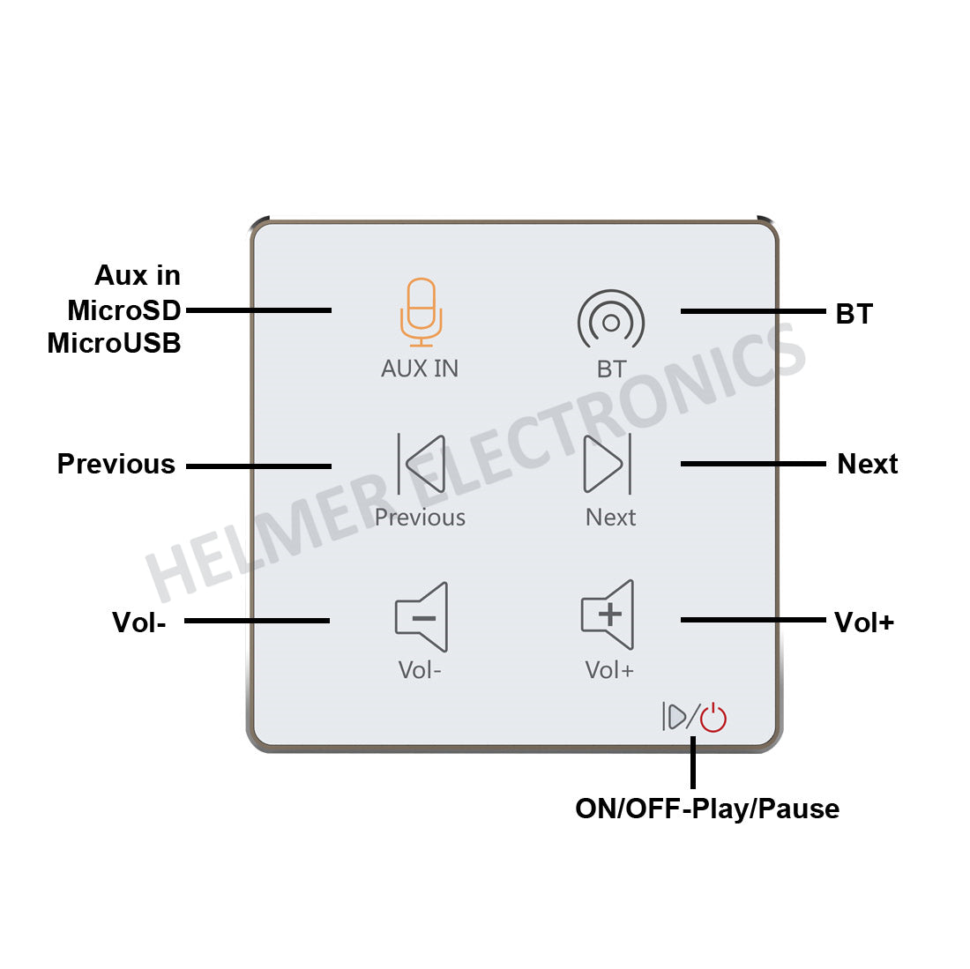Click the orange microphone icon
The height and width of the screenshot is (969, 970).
coord(421,312)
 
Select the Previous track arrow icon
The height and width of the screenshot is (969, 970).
coord(421,463)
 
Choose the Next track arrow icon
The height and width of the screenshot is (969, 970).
coord(608,463)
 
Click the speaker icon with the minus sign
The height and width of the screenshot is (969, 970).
coord(422,617)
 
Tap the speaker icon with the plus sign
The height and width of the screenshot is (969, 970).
coord(608,615)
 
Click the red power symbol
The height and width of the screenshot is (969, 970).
coord(713,718)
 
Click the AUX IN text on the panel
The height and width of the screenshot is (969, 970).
coord(420,369)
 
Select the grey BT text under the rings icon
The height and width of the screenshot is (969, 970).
coord(611,369)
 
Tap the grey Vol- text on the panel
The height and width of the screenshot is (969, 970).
coord(420,670)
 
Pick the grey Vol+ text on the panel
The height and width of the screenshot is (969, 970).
coord(609,670)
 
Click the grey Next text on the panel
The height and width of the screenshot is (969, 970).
coord(610,518)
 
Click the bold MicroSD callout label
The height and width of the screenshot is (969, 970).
coord(124,310)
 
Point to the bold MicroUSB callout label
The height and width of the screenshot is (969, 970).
coord(114,343)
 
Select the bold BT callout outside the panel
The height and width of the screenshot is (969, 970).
coord(854,314)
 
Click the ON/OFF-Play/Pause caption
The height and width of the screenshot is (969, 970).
coord(706,809)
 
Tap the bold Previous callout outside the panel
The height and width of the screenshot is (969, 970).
coord(116,464)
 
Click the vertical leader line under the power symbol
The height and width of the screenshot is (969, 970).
coord(693,763)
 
